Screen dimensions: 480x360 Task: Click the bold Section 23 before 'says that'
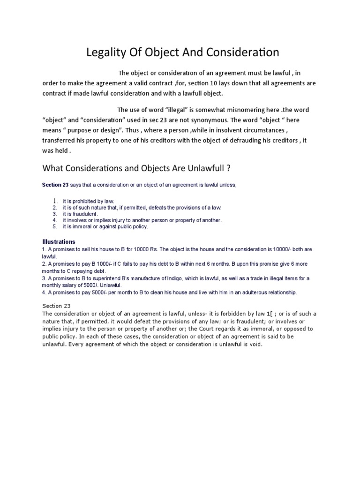tap(55, 185)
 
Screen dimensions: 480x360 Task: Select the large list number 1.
tap(55, 201)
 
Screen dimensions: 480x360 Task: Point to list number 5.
tap(55, 226)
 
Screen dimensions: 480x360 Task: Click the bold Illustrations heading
tap(59, 242)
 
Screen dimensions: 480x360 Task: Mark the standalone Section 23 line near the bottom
tap(56, 306)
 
